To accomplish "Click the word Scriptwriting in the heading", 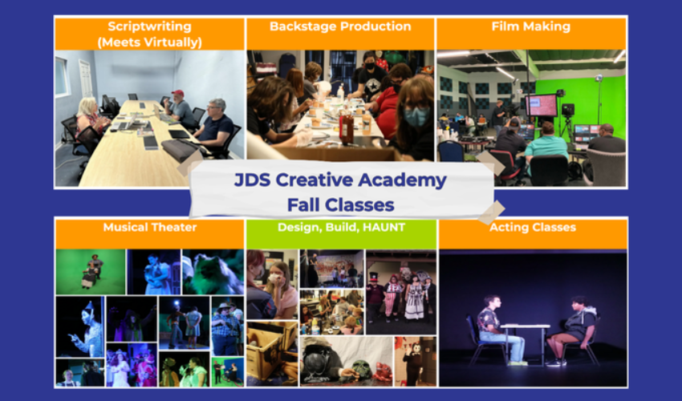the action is (149, 26).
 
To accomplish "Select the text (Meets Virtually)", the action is (149, 43).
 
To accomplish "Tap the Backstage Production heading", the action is (340, 26).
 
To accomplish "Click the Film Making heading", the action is (530, 26).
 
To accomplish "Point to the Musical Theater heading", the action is (149, 227).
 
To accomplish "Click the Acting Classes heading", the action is (533, 227).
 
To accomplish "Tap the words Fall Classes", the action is (340, 205).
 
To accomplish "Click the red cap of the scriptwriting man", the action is (177, 93).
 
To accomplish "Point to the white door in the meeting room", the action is (86, 79).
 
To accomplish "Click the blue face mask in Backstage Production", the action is (416, 116).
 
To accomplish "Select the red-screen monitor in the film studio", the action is (541, 105).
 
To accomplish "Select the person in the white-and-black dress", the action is (414, 296).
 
